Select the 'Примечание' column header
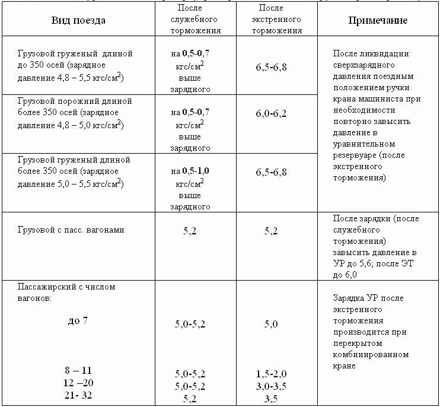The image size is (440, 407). click(377, 20)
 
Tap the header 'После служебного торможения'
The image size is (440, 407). click(199, 20)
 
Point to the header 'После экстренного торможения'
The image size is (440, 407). click(272, 20)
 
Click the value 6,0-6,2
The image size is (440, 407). click(271, 113)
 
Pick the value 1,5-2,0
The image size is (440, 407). click(271, 374)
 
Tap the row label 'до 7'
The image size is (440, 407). click(78, 321)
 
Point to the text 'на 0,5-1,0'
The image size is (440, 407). click(190, 171)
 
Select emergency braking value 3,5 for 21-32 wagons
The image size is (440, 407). click(271, 397)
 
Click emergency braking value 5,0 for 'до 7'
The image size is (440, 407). click(271, 324)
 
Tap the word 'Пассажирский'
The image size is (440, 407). click(44, 287)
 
